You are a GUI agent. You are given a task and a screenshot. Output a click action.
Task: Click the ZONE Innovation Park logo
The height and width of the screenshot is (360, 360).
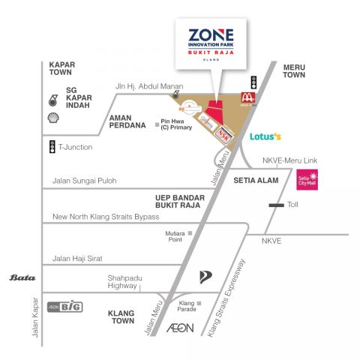point(211,43)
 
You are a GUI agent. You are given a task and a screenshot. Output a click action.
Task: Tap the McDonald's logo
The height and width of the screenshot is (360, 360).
point(246,97)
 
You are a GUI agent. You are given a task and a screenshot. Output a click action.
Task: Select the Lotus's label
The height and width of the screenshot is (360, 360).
point(265,136)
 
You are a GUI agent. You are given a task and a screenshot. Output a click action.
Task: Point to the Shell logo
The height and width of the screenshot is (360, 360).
point(53,118)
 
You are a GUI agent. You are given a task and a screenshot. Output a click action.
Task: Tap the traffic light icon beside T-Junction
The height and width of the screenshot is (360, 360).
point(51,147)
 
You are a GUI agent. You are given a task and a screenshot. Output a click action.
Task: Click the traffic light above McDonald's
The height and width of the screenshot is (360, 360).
point(253,81)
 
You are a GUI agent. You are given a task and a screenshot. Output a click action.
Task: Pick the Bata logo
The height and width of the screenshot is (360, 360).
point(22,277)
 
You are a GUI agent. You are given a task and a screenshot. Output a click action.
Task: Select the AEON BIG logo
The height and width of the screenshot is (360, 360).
point(64,306)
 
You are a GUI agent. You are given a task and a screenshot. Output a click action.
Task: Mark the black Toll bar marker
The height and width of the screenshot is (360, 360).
point(276,204)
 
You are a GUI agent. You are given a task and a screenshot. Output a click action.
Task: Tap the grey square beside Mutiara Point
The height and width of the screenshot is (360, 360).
point(191,234)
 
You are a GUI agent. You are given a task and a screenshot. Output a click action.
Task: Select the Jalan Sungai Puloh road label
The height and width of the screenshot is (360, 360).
point(85,181)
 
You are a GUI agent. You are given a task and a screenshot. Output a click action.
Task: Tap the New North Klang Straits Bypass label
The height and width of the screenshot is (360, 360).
point(106,217)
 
